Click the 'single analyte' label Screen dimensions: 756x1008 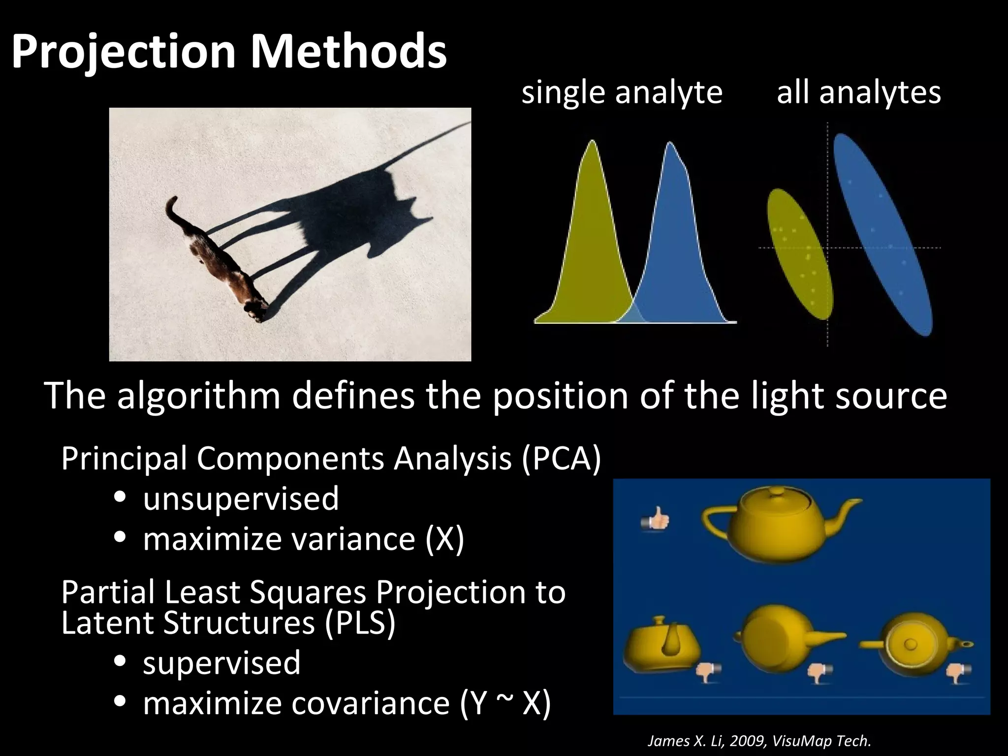[x=622, y=93]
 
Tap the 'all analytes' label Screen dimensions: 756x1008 [x=858, y=93]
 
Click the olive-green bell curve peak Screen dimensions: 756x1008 [x=592, y=148]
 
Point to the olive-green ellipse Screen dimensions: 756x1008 [x=799, y=254]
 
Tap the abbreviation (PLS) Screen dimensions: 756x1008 [x=360, y=623]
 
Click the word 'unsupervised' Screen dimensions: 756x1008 [x=241, y=499]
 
